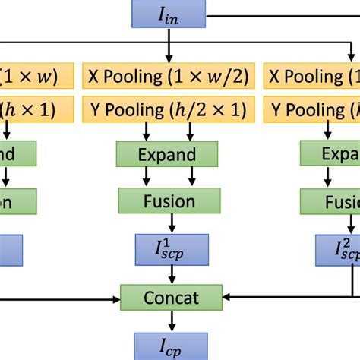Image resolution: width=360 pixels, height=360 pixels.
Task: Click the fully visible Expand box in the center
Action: click(x=167, y=155)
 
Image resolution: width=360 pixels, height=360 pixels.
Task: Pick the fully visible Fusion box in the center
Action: click(x=168, y=201)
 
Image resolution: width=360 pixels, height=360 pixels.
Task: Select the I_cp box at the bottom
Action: click(x=172, y=343)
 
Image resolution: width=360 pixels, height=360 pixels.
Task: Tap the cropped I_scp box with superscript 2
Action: click(x=338, y=249)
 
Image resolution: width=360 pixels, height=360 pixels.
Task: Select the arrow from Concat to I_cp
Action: click(x=172, y=319)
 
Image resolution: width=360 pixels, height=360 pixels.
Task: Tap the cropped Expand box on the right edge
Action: click(x=330, y=155)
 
